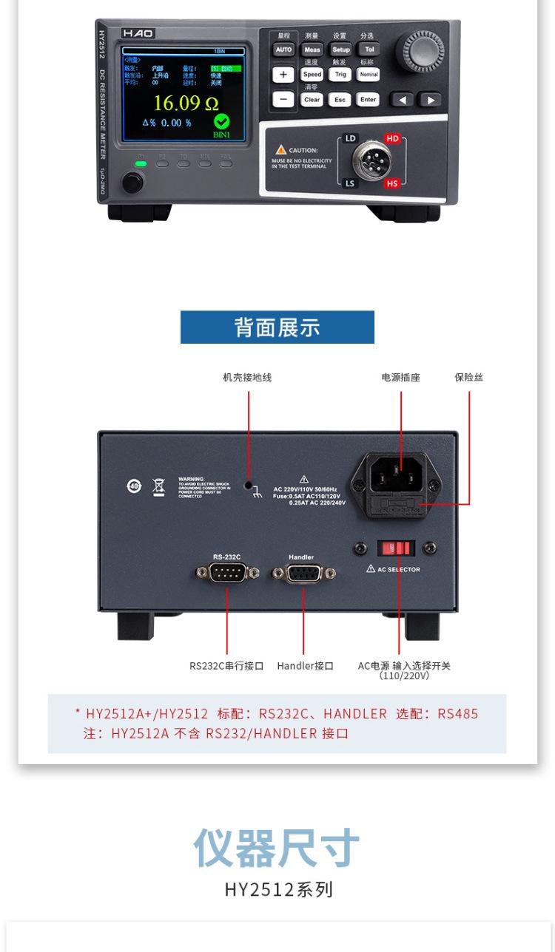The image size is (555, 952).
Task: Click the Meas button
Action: click(312, 50)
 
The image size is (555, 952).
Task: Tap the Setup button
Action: click(340, 50)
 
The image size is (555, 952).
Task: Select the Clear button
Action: click(312, 99)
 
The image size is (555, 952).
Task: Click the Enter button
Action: click(368, 99)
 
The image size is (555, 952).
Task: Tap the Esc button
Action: click(340, 99)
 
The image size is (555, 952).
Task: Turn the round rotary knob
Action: click(420, 52)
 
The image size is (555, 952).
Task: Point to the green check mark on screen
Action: click(221, 122)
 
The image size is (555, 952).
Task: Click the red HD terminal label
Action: click(391, 138)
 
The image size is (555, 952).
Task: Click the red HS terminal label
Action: click(391, 183)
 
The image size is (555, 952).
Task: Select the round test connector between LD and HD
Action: click(371, 161)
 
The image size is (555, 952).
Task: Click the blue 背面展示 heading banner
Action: click(277, 327)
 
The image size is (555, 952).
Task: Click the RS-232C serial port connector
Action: click(227, 573)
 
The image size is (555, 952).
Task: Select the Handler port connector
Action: click(303, 574)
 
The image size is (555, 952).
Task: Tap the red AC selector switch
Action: click(396, 548)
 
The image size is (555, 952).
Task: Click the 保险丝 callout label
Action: click(468, 378)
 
